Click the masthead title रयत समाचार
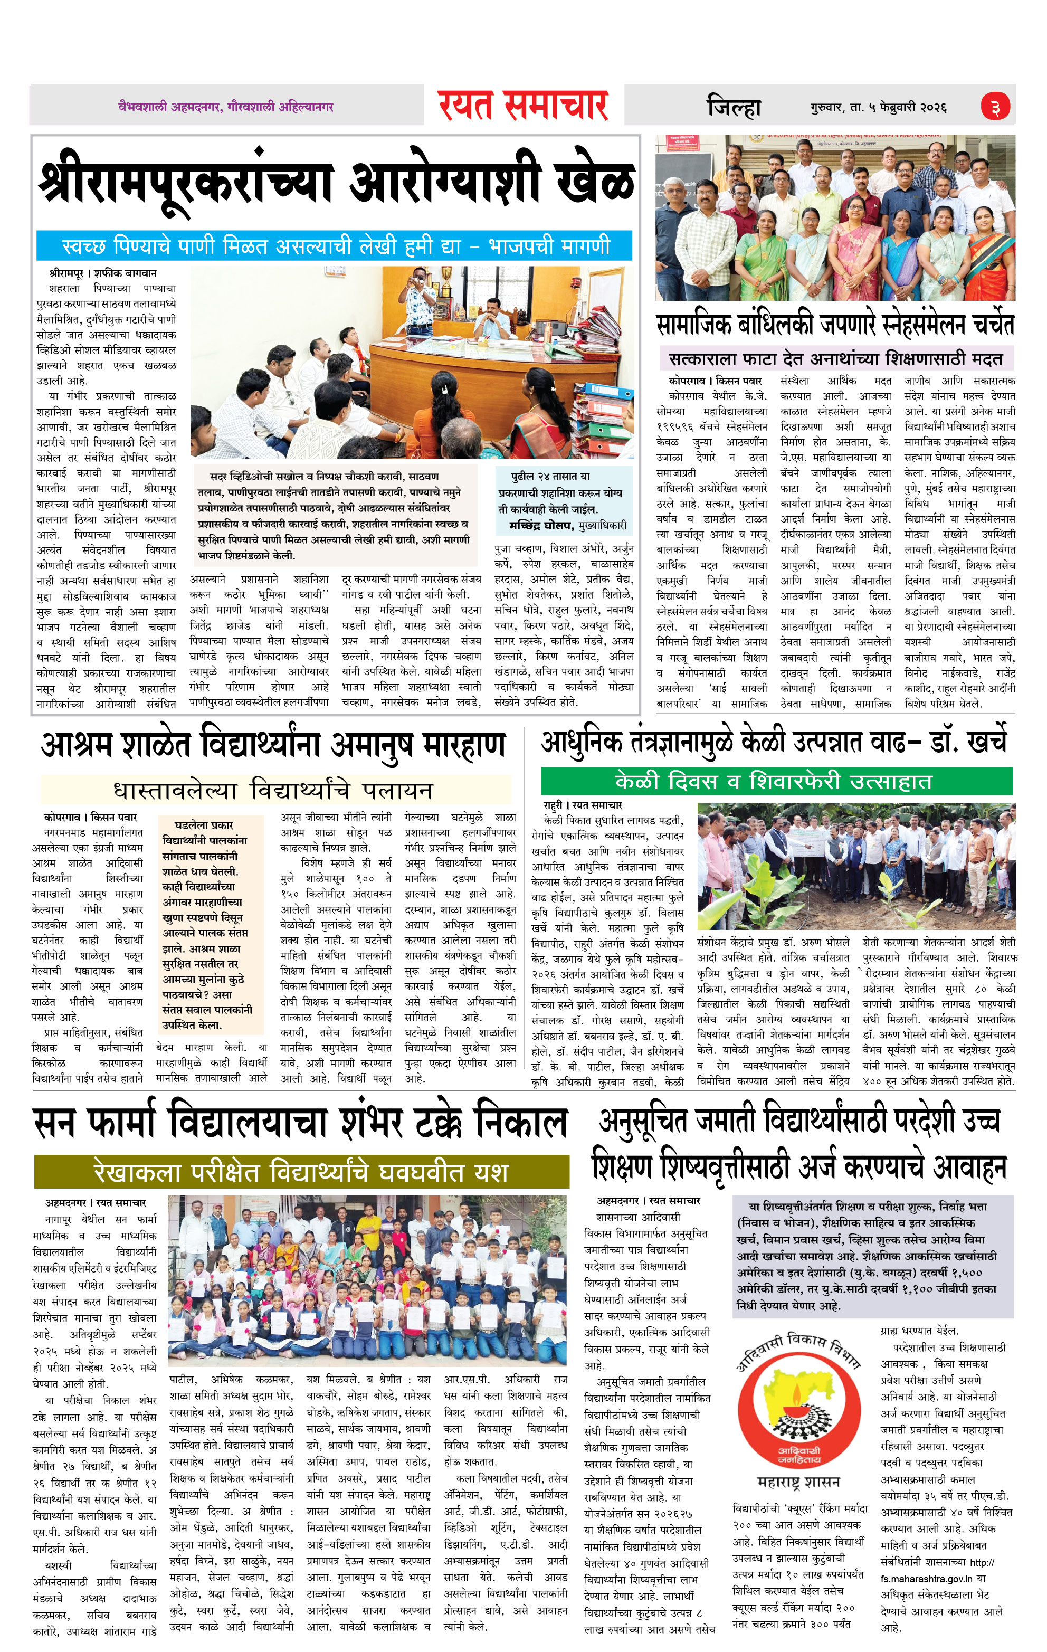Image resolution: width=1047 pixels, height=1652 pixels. coord(523,106)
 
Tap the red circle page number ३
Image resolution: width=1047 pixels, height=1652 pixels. coord(995,107)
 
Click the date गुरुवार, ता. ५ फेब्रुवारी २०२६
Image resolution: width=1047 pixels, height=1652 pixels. coord(878,108)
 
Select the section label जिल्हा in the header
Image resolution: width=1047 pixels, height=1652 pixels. coord(734,108)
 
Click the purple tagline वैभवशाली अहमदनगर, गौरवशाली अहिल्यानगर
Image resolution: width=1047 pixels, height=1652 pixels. coord(226,107)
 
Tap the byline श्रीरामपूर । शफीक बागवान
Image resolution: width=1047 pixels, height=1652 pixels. coord(102,273)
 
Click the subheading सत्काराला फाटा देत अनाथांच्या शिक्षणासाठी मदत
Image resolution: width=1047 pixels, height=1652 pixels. coord(835,359)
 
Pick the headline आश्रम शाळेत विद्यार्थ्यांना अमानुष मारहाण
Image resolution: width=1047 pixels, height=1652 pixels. coord(273,746)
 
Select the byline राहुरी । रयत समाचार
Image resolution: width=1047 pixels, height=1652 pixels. coord(583,805)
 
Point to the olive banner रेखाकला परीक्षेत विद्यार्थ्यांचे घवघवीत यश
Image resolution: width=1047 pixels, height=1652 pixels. coord(301,1171)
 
